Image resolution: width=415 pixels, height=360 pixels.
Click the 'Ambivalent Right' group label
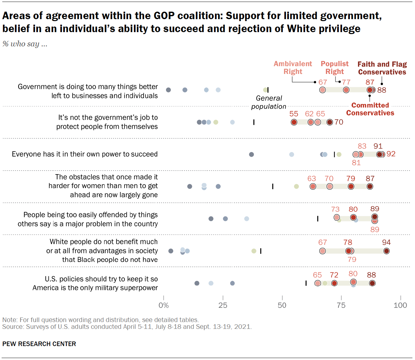pos(293,67)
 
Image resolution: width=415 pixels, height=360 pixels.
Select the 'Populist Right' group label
pos(335,67)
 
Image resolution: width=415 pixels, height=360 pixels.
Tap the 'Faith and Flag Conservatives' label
pos(382,68)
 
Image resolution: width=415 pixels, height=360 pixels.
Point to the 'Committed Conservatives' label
pos(370,109)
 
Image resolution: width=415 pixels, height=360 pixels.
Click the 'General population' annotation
pos(269,102)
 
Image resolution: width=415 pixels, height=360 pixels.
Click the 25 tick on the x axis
pos(223,305)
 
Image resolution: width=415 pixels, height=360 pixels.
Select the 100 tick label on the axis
pos(400,305)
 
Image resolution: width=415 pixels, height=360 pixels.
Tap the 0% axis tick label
pos(164,305)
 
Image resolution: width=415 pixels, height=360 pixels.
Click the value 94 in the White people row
pos(386,242)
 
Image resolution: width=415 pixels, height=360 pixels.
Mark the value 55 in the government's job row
pos(294,114)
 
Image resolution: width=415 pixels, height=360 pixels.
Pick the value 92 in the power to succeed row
pos(391,154)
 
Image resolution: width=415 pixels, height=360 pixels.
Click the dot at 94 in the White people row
pos(386,251)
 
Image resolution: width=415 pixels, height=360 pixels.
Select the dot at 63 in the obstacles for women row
pos(313,186)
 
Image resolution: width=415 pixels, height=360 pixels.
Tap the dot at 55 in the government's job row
pos(294,122)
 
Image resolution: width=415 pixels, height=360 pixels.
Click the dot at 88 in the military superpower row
pos(372,283)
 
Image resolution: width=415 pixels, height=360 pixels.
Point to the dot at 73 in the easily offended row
pos(337,218)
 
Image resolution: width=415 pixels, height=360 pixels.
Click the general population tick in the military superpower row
pos(306,283)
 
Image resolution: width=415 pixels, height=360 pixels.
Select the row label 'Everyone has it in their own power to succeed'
pos(85,154)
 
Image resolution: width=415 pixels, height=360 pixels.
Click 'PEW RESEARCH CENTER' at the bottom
pos(39,344)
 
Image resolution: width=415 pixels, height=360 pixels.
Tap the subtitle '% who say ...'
pos(25,44)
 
